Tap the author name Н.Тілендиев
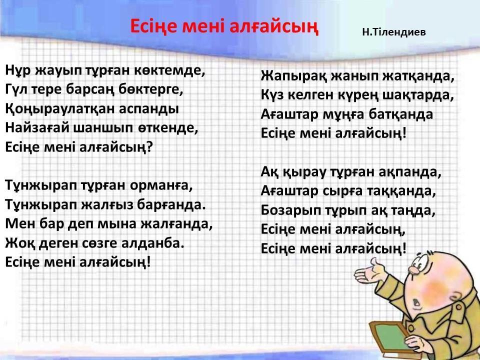393,32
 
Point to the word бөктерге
150,89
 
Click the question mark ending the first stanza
149,147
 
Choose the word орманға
161,186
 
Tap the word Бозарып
291,210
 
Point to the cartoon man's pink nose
414,269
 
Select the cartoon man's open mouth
416,302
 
